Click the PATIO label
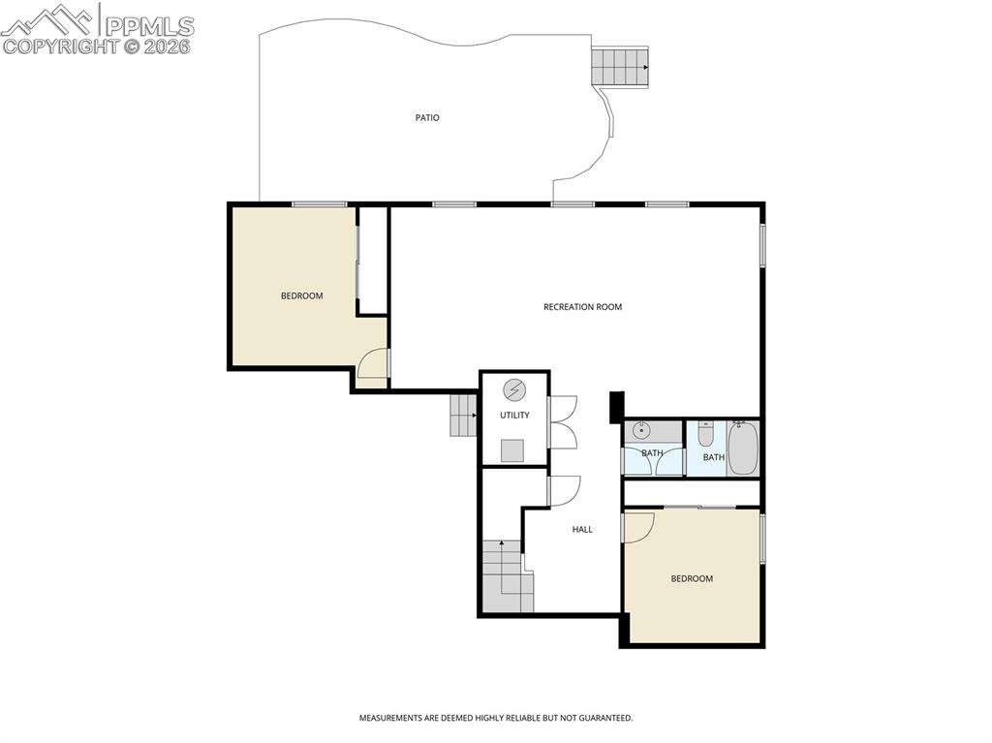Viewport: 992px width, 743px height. [427, 117]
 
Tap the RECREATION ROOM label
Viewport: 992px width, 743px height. [582, 307]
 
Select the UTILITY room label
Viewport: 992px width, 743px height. [514, 416]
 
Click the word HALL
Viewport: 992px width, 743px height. [582, 530]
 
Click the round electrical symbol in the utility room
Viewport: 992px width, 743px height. [514, 390]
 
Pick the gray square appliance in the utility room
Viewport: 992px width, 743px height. [513, 450]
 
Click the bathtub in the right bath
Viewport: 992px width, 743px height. [742, 448]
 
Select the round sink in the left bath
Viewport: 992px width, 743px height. [640, 430]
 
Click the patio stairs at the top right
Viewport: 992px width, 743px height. [618, 66]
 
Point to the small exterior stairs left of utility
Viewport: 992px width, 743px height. [463, 416]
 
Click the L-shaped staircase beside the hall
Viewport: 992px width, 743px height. [507, 578]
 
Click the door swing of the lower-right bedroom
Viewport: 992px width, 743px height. [638, 527]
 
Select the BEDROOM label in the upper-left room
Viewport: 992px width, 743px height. [301, 295]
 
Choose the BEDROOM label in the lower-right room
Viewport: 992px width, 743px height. [692, 578]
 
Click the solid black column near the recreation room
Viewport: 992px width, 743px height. [616, 407]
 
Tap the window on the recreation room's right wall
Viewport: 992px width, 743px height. [762, 245]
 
